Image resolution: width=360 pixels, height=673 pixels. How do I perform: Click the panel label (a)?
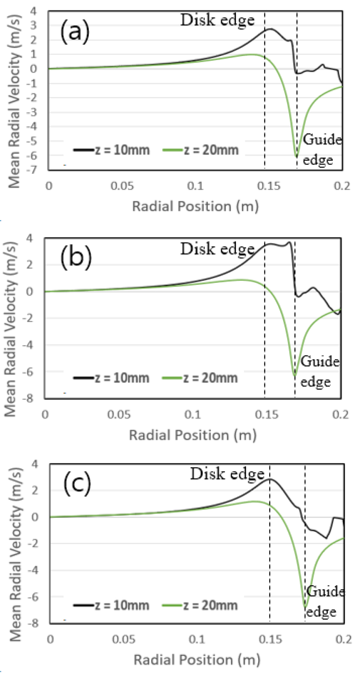coord(75,32)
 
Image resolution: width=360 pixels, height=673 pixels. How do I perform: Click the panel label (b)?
coord(76,258)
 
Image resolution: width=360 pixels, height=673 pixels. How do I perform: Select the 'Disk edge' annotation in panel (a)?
coord(217,20)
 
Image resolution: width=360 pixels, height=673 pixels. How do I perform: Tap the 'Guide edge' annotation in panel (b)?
coord(320,371)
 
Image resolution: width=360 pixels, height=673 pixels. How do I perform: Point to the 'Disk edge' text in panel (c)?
coord(227,474)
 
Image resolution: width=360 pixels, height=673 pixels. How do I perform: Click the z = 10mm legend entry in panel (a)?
coord(111,150)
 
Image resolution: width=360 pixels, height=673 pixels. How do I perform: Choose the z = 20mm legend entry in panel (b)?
coord(200,378)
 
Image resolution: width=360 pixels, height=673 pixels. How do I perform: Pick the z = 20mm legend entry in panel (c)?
coord(200,605)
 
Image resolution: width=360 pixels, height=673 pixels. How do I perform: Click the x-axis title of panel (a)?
coord(195,206)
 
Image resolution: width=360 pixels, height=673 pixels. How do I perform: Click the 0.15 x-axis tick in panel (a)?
coord(269,186)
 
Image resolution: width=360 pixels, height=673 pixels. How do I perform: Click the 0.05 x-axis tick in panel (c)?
coord(124,639)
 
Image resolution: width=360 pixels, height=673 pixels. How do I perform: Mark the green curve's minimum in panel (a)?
coord(297,157)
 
